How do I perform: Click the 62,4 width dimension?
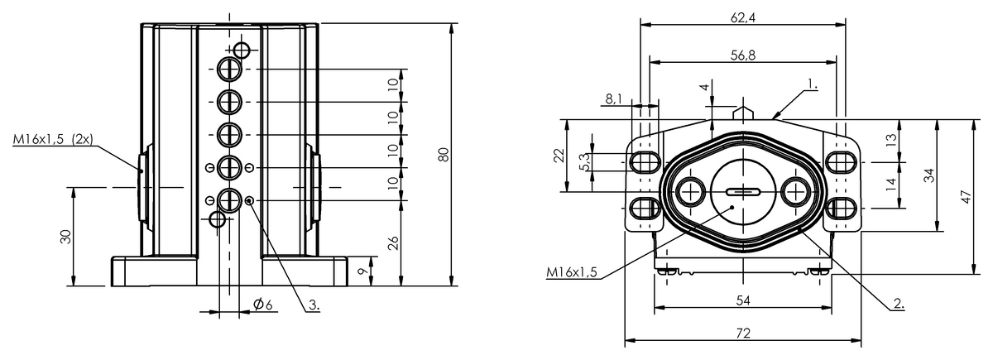[x=742, y=17]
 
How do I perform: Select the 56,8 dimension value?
[x=742, y=55]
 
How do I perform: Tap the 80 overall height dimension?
[x=444, y=154]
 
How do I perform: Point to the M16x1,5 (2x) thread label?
[x=53, y=139]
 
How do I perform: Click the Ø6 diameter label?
[x=263, y=305]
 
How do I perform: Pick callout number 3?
[x=314, y=305]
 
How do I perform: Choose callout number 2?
[x=899, y=305]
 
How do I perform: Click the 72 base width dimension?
[x=743, y=333]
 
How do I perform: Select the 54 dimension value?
[x=743, y=300]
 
